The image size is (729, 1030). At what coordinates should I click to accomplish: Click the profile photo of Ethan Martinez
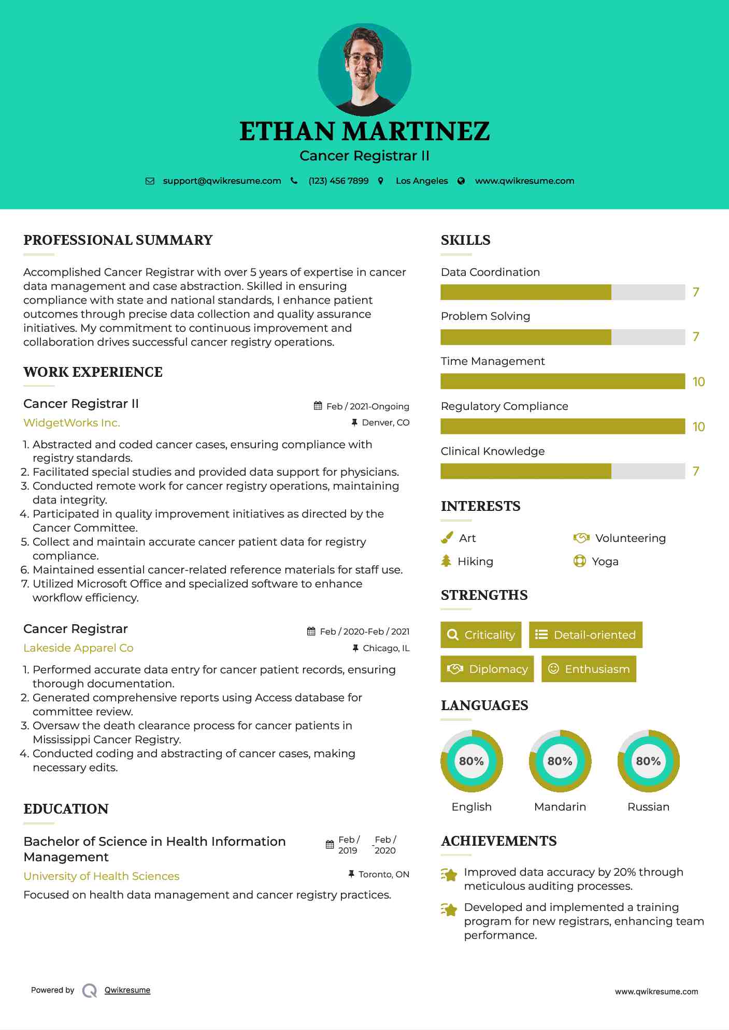pos(364,69)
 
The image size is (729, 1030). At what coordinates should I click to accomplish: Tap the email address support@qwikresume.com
pos(222,181)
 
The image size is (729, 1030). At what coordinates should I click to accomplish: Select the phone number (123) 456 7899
pos(338,181)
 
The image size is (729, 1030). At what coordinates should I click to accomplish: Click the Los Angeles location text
pos(422,181)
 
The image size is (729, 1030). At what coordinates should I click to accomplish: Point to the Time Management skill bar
pos(563,381)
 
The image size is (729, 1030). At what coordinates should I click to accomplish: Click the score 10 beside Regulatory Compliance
pos(698,426)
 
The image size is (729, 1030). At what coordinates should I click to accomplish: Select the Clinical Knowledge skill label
pos(492,451)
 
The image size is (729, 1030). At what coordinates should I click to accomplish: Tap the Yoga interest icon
pos(579,561)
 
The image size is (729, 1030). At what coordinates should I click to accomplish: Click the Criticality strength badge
pos(481,635)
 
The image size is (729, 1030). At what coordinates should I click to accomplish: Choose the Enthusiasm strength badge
pos(589,669)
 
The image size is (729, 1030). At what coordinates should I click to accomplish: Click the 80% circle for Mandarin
pos(560,761)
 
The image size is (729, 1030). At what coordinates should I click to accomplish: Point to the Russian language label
pos(648,806)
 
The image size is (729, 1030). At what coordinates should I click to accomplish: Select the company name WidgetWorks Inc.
pos(72,423)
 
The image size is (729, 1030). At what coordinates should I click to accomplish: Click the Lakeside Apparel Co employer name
pos(78,648)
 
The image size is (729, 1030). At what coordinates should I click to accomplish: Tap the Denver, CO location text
pos(385,422)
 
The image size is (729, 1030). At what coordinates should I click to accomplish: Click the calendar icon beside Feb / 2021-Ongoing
pos(318,406)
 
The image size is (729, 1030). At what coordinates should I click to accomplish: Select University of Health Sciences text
pos(102,876)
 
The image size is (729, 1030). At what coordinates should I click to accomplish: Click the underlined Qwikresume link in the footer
pos(127,990)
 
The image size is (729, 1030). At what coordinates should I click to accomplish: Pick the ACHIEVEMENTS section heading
pos(498,841)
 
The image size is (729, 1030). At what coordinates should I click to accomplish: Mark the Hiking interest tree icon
pos(446,561)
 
